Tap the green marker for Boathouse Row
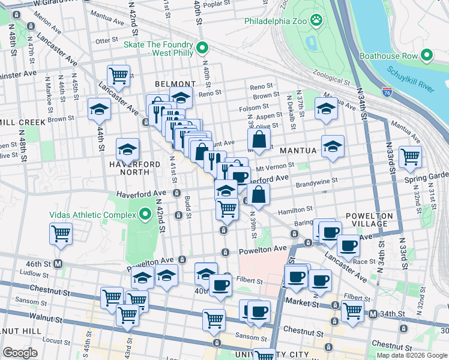(x=427, y=56)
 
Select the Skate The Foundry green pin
(x=202, y=48)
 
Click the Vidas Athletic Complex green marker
(x=145, y=214)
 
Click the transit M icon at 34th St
(x=373, y=314)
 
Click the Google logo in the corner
(x=20, y=353)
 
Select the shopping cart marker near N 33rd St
(x=410, y=157)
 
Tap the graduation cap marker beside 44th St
(x=100, y=109)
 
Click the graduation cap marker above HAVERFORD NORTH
(x=127, y=149)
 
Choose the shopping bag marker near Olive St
(x=258, y=139)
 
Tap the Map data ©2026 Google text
(x=411, y=355)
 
